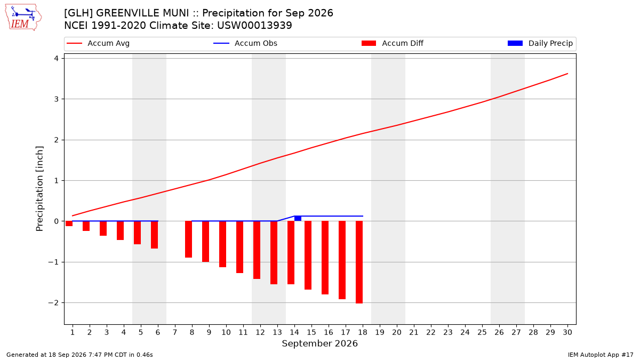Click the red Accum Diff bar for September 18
[x=359, y=262]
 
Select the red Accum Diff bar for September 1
[x=69, y=223]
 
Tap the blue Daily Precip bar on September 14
[x=298, y=218]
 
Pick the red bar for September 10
[x=222, y=244]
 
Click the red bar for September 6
[x=154, y=235]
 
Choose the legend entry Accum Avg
[x=98, y=43]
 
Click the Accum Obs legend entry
[x=245, y=43]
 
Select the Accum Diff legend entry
[x=393, y=43]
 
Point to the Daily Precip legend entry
[x=540, y=43]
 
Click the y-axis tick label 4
[x=56, y=59]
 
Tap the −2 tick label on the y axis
[x=53, y=303]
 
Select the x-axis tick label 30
[x=567, y=332]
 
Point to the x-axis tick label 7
[x=175, y=332]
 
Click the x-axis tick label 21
[x=414, y=332]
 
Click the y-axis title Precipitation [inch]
[x=39, y=189]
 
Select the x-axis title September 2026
[x=319, y=343]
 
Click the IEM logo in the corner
[x=23, y=18]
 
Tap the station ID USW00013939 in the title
[x=254, y=26]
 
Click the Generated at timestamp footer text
[x=79, y=355]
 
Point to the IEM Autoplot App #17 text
[x=601, y=355]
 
